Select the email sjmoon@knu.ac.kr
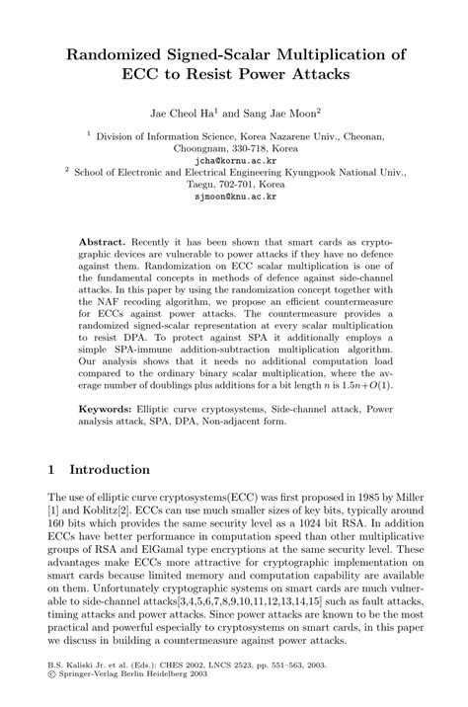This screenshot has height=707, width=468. point(234,196)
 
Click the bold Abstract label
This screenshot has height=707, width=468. point(105,243)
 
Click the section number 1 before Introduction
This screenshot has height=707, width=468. point(51,470)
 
